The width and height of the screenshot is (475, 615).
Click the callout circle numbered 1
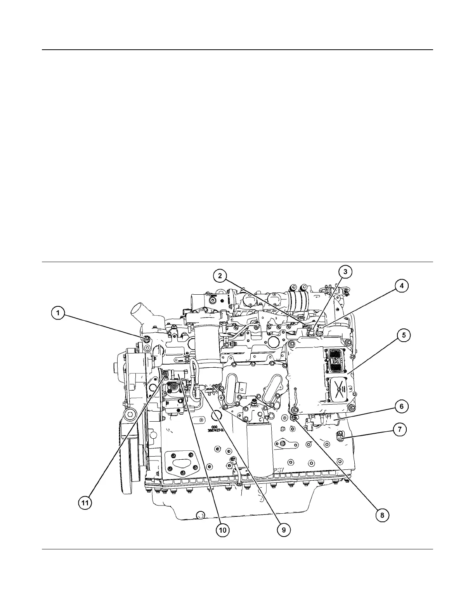point(58,313)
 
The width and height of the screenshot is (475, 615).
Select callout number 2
point(220,276)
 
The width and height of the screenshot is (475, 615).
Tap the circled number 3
point(345,272)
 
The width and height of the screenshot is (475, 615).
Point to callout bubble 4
point(402,286)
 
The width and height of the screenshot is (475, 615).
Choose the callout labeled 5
point(404,335)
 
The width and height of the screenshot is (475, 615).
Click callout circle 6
point(401,407)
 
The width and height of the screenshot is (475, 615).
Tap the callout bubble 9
point(284,529)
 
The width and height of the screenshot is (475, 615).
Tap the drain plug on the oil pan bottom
point(200,515)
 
